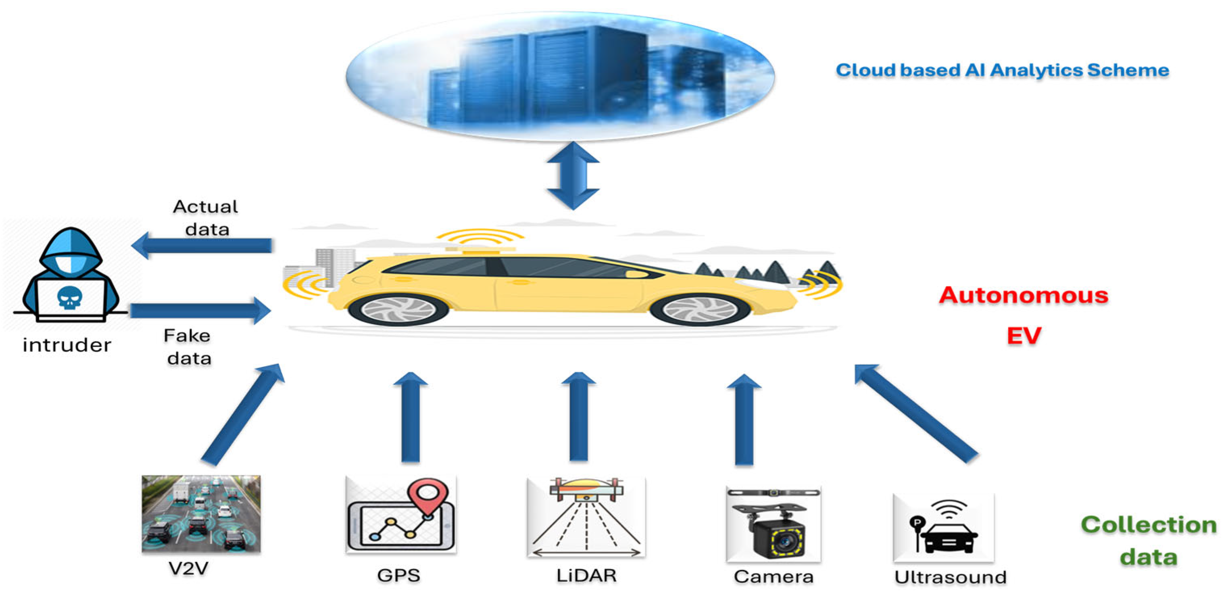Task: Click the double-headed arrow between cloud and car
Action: [573, 175]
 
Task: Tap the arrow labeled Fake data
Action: [200, 311]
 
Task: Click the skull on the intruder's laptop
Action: [70, 299]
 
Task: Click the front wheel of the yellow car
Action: [700, 309]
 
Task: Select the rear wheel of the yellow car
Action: [399, 309]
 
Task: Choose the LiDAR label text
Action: [586, 576]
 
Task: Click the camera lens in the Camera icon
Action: [783, 541]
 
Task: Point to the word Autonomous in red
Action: [1023, 295]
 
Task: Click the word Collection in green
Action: [1148, 525]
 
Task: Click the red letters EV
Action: [1024, 336]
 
